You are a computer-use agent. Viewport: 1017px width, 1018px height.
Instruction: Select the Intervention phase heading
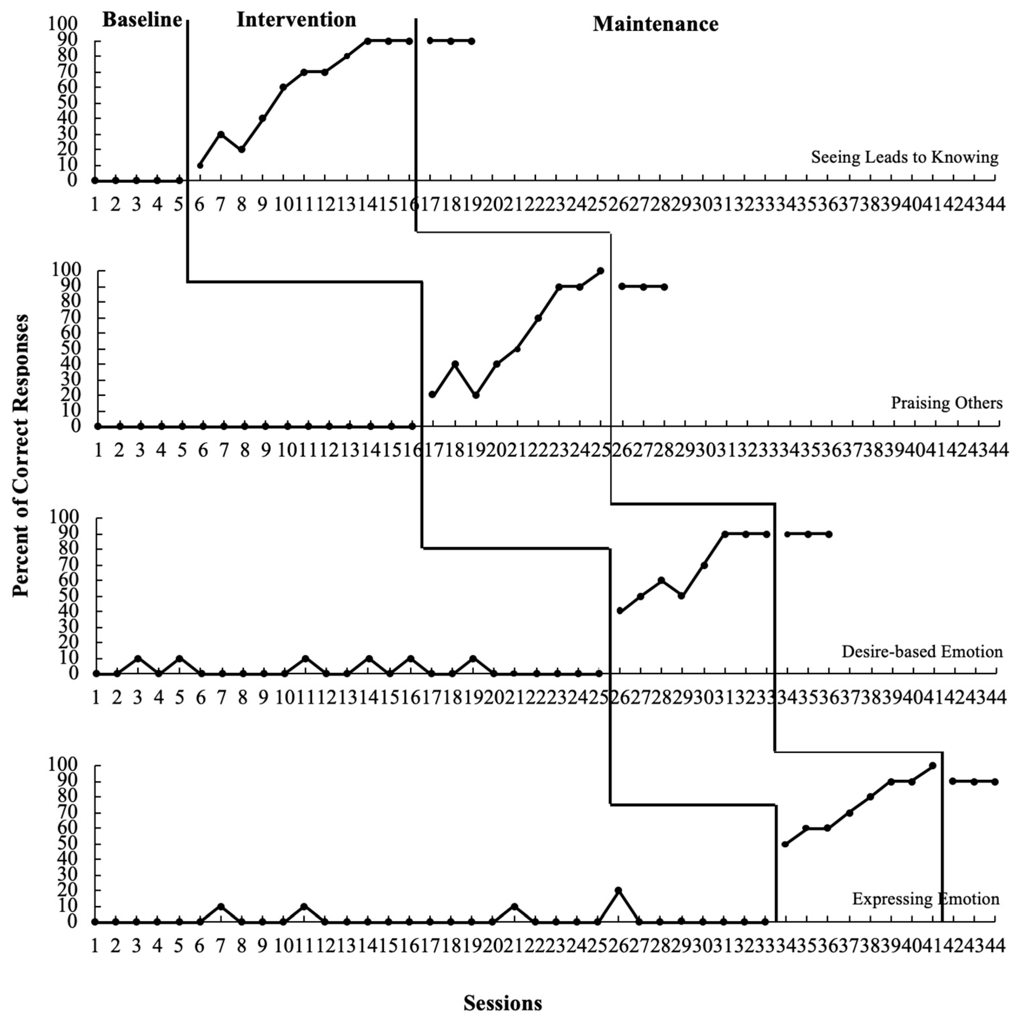[x=296, y=20]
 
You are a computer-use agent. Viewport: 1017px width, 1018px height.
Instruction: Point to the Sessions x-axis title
[x=502, y=1003]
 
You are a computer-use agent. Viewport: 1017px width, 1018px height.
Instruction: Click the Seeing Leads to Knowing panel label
[x=904, y=157]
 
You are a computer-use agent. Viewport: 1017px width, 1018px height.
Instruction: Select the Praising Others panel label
[x=946, y=403]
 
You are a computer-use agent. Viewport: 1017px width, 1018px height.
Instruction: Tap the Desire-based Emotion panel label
[x=922, y=652]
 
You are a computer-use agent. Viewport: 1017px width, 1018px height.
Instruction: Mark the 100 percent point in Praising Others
[x=600, y=271]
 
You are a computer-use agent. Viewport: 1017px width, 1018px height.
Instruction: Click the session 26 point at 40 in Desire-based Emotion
[x=620, y=611]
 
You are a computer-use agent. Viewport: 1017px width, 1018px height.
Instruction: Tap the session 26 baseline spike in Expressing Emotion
[x=618, y=890]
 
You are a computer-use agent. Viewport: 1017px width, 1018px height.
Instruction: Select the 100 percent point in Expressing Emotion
[x=932, y=766]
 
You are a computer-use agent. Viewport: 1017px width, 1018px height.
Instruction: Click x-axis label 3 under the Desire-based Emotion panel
[x=138, y=698]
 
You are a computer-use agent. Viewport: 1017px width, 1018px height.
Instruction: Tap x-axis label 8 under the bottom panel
[x=241, y=946]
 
